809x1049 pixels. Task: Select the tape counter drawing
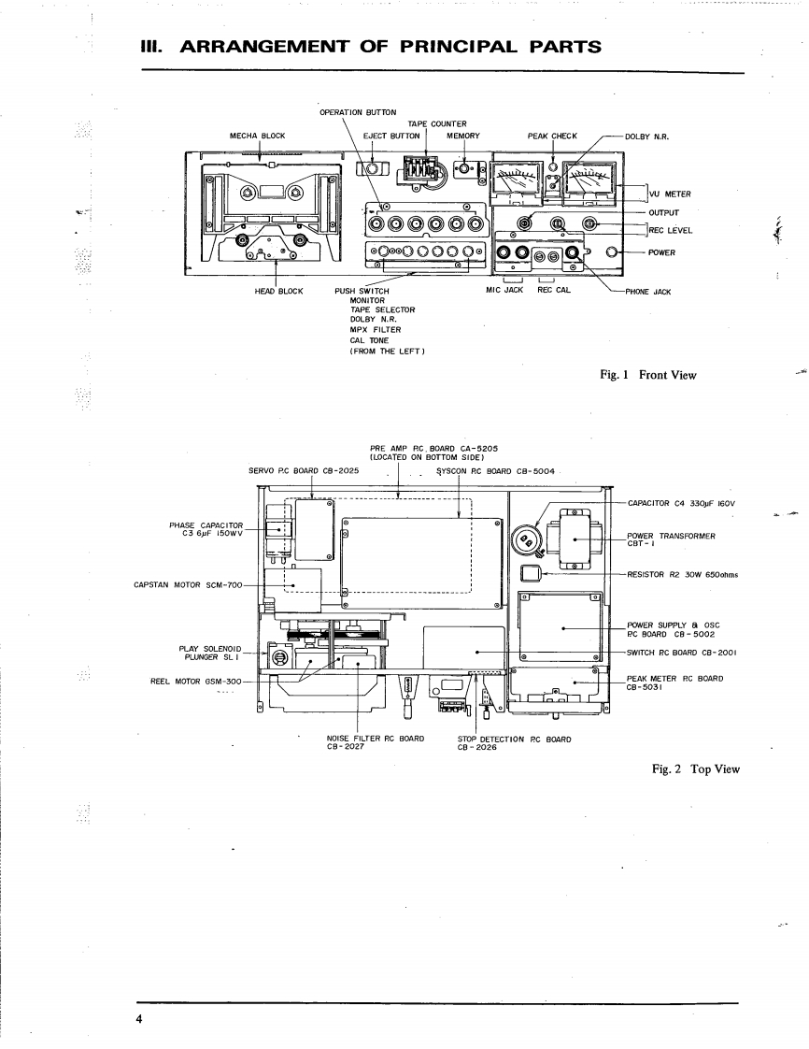pos(422,170)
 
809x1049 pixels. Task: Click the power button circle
pos(614,252)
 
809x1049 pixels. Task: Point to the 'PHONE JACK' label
pos(648,291)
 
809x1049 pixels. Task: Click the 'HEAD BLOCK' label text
pos(279,291)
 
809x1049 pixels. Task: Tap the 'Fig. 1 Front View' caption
pos(648,375)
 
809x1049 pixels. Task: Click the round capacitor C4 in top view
pos(528,539)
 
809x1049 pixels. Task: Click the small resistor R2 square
pos(531,573)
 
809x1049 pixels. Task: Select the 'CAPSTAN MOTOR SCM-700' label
pos(189,585)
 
